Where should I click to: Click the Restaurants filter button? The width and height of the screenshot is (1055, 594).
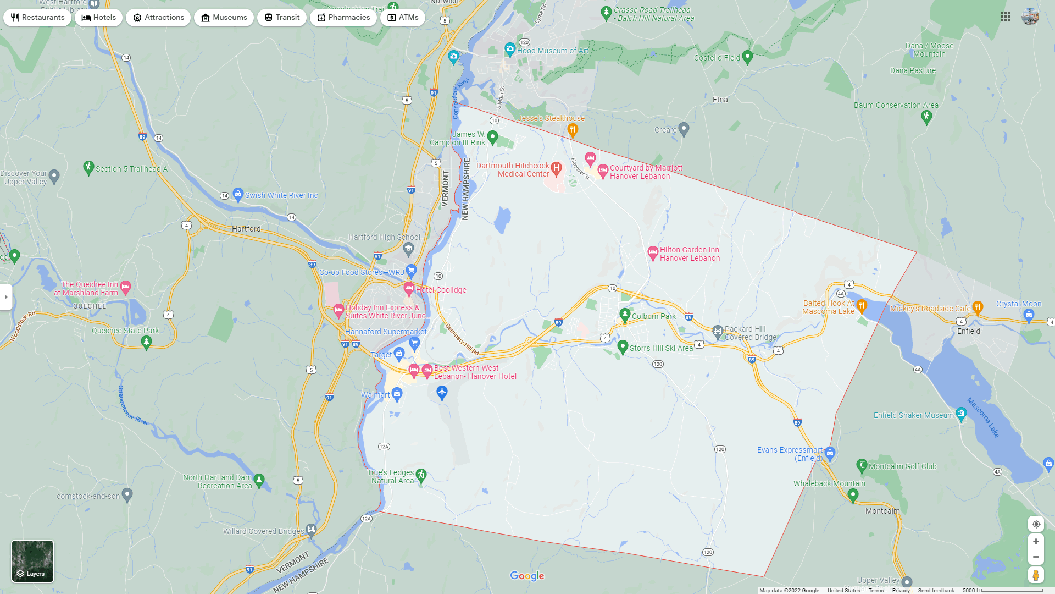tap(37, 18)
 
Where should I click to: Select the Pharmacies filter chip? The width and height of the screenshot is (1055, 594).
tap(343, 18)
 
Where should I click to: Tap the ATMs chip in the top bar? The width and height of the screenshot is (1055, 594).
tap(403, 18)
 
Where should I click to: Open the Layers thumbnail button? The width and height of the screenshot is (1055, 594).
tap(33, 561)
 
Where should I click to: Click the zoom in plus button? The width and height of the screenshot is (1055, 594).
tap(1036, 542)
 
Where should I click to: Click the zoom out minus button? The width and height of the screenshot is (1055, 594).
tap(1036, 557)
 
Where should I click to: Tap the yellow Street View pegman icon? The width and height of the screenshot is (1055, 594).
tap(1036, 575)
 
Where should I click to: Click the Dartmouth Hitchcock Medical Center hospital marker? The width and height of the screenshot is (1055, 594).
tap(556, 168)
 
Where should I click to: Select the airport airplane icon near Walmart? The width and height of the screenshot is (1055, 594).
tap(442, 392)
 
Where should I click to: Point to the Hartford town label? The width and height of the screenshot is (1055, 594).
tap(246, 229)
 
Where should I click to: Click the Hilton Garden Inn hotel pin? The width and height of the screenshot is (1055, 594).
tap(652, 252)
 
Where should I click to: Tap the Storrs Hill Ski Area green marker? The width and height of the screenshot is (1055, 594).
tap(623, 346)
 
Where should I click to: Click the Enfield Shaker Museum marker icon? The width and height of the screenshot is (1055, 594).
tap(961, 414)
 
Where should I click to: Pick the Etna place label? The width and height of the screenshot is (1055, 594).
tap(720, 100)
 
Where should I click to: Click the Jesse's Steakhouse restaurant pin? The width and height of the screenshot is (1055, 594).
tap(573, 130)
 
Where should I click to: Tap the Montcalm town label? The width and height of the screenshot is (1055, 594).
tap(882, 511)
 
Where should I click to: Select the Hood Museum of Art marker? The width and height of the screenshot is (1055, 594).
tap(510, 50)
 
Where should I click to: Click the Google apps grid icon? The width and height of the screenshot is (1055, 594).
tap(1006, 17)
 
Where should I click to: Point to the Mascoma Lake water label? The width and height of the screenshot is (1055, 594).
tap(984, 418)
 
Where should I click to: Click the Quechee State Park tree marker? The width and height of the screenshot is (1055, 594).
tap(146, 342)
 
